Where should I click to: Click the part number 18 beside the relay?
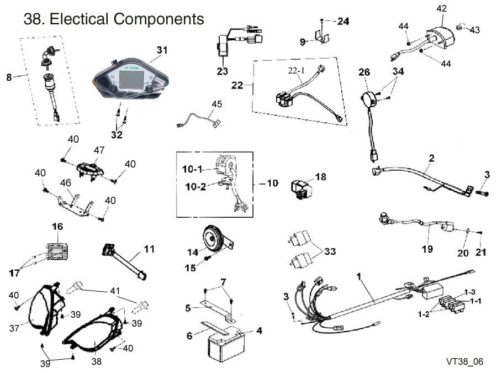(x=321, y=177)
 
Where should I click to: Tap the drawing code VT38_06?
(x=465, y=361)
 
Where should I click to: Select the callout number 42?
(x=442, y=8)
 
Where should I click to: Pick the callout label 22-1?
(x=295, y=70)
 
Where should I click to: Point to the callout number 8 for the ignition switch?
(x=9, y=77)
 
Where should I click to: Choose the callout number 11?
(x=149, y=249)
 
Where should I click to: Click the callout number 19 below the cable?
(x=427, y=250)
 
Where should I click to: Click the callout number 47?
(x=99, y=150)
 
